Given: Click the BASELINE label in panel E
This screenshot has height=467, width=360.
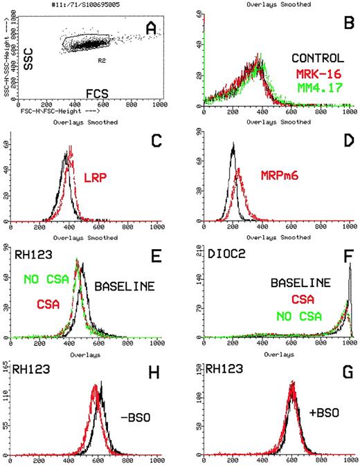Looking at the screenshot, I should coord(123,285).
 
